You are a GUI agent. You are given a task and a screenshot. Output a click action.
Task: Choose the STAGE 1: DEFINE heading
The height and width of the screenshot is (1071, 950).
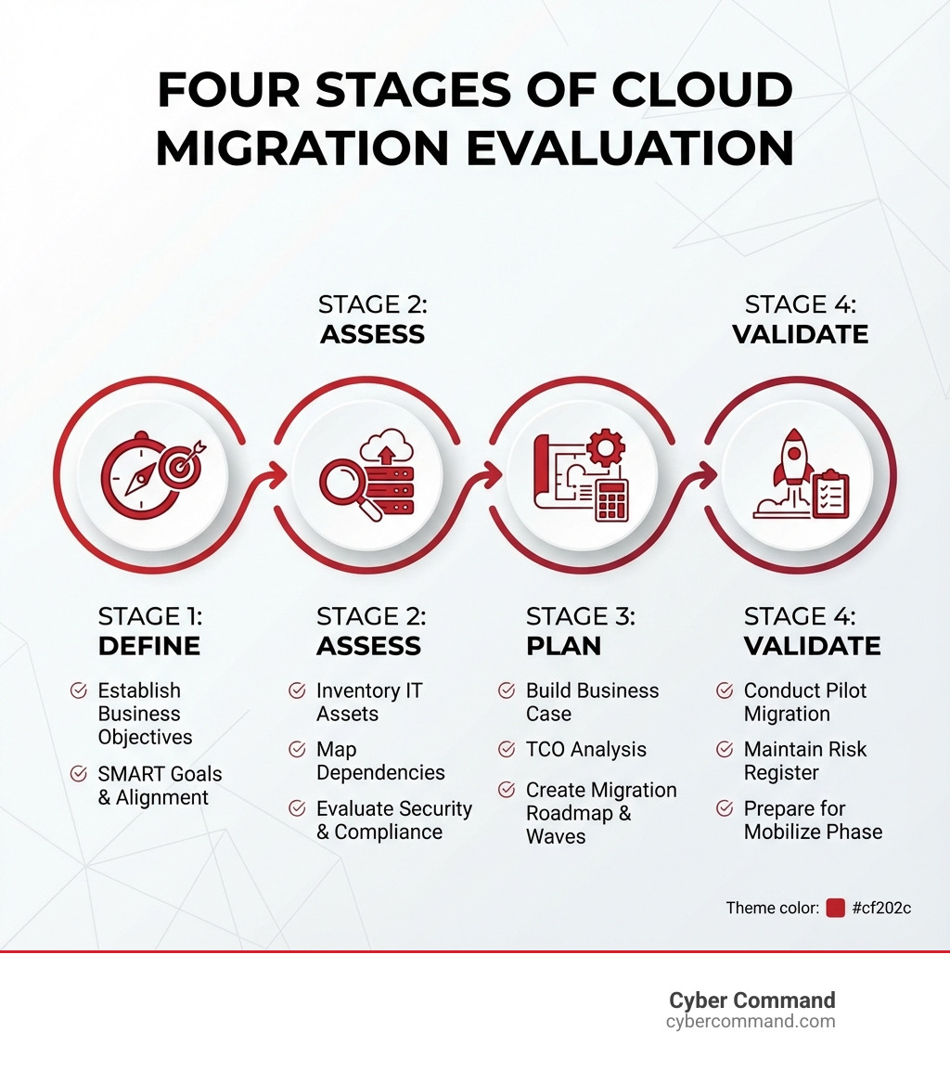149,631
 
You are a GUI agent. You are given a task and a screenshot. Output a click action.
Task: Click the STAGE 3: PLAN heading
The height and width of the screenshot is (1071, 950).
580,631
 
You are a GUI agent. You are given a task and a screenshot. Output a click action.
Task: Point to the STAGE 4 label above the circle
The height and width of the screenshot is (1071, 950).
800,319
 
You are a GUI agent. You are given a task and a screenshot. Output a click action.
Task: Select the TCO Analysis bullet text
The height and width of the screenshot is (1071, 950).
585,750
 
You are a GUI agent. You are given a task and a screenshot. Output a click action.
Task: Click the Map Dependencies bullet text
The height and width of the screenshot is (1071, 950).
379,761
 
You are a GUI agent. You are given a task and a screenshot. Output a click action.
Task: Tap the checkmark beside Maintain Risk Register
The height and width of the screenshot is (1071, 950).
725,749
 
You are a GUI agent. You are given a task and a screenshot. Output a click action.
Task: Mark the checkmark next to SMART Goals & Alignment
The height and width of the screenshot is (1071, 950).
79,773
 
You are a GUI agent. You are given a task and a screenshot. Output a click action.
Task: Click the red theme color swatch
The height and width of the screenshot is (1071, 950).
835,908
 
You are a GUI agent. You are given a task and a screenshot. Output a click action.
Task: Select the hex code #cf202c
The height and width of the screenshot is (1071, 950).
880,908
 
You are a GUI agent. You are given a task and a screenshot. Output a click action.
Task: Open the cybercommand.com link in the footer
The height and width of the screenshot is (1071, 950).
750,1022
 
